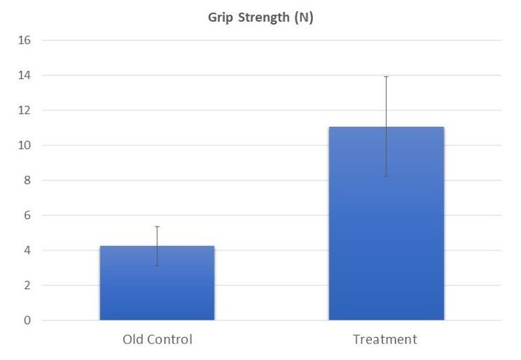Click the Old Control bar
157,283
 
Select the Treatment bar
386,224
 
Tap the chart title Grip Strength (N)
260,18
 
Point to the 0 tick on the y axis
28,320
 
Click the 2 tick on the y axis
28,285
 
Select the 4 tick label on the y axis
28,250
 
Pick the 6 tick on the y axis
28,215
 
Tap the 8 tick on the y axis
28,180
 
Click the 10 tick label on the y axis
25,145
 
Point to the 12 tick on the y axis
25,110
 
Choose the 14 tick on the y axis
25,75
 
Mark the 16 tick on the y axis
25,40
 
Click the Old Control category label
157,340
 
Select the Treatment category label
385,340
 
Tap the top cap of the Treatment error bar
386,76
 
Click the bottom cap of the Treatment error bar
386,176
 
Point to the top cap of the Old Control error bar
157,227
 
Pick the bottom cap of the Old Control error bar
157,265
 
